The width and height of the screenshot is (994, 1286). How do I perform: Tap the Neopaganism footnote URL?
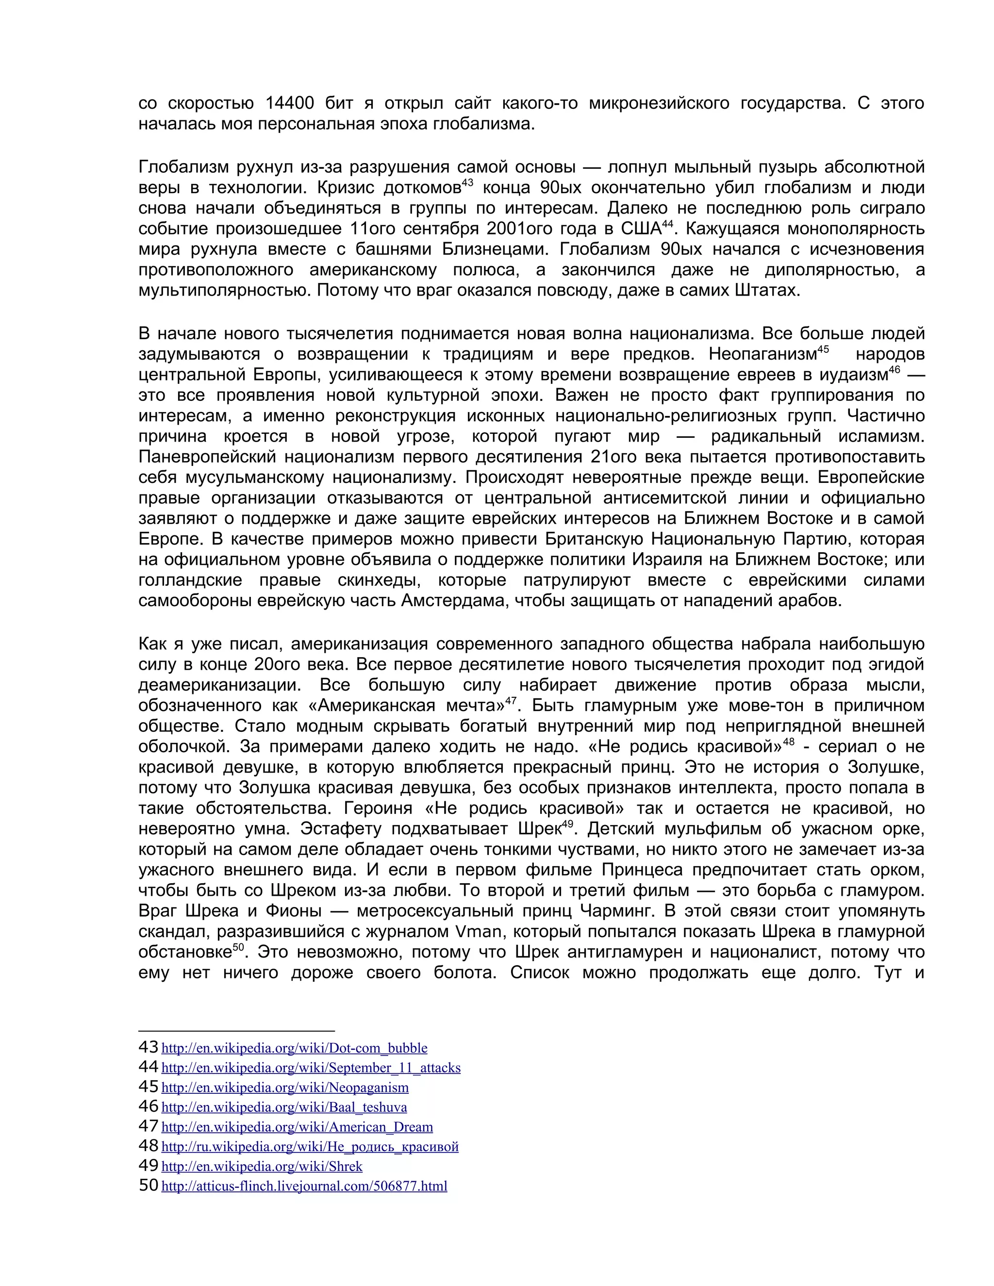(x=284, y=1088)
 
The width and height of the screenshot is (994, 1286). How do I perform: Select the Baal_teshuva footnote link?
(x=284, y=1107)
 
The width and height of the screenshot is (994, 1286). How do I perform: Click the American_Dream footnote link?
(x=297, y=1127)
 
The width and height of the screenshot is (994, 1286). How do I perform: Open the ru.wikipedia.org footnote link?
(x=310, y=1146)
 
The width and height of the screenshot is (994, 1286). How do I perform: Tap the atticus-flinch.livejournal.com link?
(x=304, y=1186)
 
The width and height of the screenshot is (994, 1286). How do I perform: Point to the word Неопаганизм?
(x=762, y=354)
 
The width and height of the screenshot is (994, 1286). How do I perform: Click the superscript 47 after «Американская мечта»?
(x=511, y=700)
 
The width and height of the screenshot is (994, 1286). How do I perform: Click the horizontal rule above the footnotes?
(x=236, y=1031)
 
